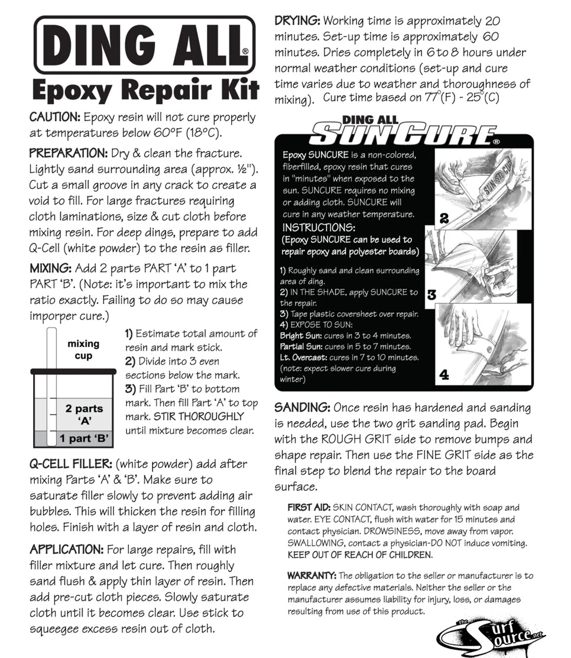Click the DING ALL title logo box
pos(144,45)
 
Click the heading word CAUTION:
pos(55,118)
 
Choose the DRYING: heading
pos(297,21)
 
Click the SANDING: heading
pos(302,408)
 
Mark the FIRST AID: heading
pos(309,507)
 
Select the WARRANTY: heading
pos(312,575)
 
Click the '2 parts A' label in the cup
pos(84,414)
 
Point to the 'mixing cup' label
pos(83,349)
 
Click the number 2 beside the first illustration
pos(444,219)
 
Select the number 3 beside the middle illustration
pos(431,294)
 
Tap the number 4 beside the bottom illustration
pos(444,374)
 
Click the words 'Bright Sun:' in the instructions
pos(300,336)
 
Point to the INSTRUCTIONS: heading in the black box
pos(319,228)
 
